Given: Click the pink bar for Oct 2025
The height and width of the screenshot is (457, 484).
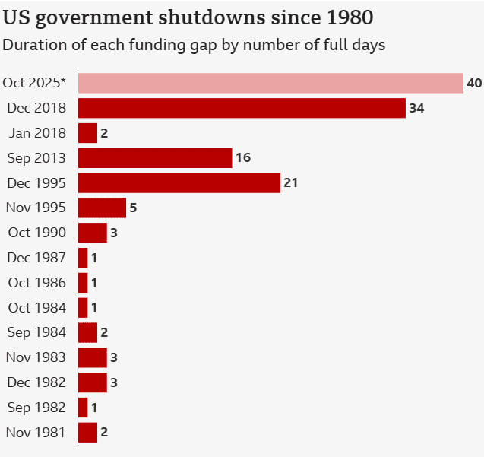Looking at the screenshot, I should (270, 83).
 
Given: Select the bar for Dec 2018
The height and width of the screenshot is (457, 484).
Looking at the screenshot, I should (242, 108).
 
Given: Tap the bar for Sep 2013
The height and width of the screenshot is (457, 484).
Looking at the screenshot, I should (155, 158).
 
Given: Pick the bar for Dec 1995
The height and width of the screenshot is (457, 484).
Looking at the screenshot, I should (179, 183).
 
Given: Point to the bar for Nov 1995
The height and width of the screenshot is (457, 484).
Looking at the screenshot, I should (102, 208).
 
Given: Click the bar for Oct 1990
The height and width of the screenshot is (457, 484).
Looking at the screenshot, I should (92, 233).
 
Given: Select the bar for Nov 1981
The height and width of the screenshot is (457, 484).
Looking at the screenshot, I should (87, 433).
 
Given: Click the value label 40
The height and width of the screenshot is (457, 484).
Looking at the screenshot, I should (474, 83).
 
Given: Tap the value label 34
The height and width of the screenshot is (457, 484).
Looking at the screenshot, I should (416, 108).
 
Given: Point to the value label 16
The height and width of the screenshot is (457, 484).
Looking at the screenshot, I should (242, 158).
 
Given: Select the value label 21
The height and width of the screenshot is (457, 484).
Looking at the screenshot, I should (291, 183).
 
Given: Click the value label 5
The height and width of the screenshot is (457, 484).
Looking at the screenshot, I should (133, 208).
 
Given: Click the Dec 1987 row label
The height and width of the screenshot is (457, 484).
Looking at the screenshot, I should (36, 258).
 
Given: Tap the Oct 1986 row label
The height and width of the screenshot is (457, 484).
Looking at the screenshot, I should (36, 283).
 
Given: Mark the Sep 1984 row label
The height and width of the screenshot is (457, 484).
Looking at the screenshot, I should (36, 332).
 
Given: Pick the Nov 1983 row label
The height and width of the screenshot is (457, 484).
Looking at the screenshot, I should (36, 357).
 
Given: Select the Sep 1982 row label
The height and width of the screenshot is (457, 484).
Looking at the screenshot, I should (36, 408).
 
